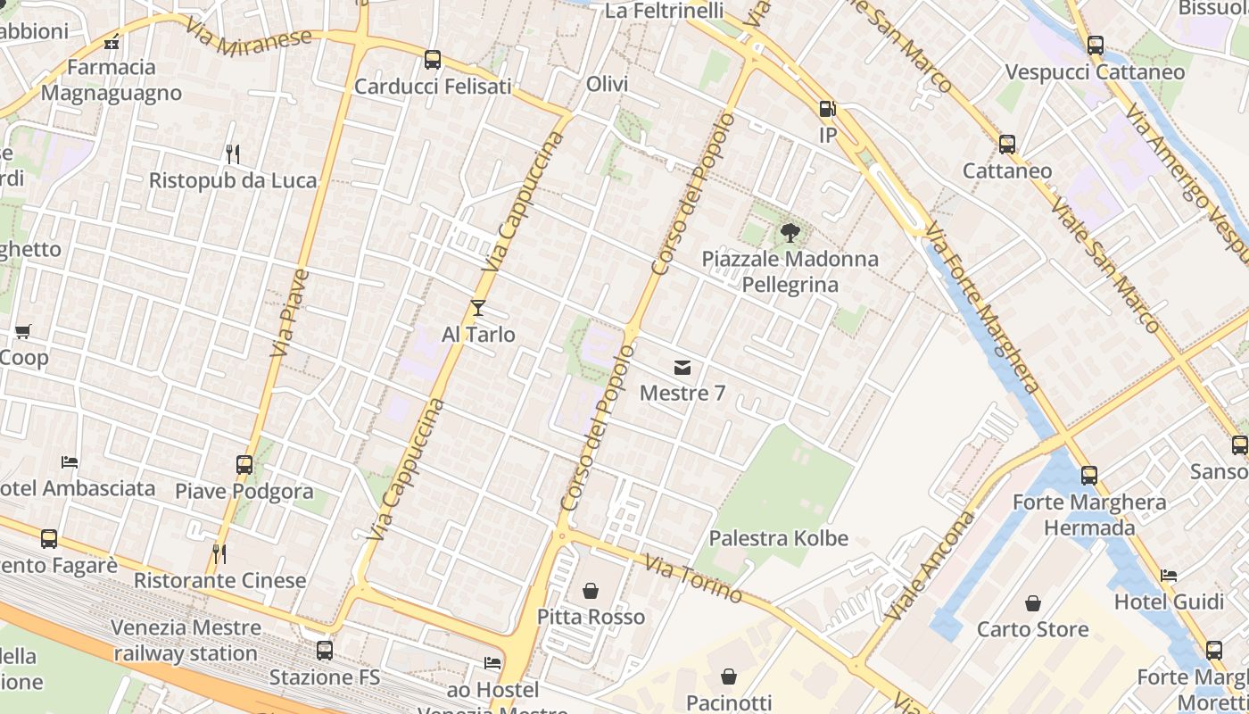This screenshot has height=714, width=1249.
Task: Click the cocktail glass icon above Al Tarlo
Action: point(478,308)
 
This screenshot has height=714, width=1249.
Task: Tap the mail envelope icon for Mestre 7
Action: point(682,367)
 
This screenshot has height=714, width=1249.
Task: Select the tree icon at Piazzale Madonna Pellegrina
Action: point(790,234)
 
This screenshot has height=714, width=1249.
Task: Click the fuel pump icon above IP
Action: point(828,109)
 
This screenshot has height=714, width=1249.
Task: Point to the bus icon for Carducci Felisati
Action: point(433,60)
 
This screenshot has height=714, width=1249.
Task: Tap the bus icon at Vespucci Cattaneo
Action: point(1096,45)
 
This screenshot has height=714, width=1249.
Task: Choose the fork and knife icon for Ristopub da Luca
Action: point(233,154)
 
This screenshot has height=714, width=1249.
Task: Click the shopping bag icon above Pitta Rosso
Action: point(591,591)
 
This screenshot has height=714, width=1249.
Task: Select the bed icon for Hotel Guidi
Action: point(1169,576)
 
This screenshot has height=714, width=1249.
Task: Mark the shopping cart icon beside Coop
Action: point(23,331)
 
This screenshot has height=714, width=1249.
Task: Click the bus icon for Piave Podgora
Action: point(244,464)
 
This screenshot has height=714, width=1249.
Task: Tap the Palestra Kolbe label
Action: point(778,538)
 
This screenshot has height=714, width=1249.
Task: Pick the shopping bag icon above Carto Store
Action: point(1033,603)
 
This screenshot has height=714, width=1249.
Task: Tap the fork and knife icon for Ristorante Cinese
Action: point(219,554)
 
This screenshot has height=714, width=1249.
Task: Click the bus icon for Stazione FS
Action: point(325,651)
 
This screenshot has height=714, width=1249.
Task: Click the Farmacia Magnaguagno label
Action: point(112,79)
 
